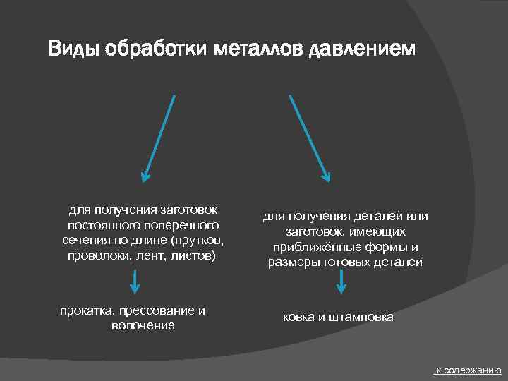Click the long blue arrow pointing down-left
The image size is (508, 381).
(x=158, y=137)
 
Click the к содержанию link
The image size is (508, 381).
(x=468, y=370)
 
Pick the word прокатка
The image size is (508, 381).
(x=88, y=311)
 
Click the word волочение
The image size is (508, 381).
(x=143, y=325)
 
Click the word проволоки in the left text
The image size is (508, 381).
(x=95, y=255)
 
